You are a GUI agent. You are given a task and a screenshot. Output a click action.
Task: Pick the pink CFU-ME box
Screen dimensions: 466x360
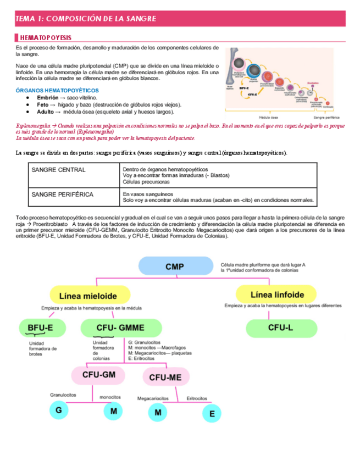click(x=166, y=376)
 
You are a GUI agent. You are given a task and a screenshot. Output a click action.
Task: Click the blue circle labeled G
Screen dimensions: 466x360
click(x=59, y=410)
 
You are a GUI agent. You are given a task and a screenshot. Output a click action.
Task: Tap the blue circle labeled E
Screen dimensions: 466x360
click(x=212, y=413)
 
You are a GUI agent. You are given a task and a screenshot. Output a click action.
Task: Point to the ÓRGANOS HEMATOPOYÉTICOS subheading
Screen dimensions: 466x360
click(x=57, y=90)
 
